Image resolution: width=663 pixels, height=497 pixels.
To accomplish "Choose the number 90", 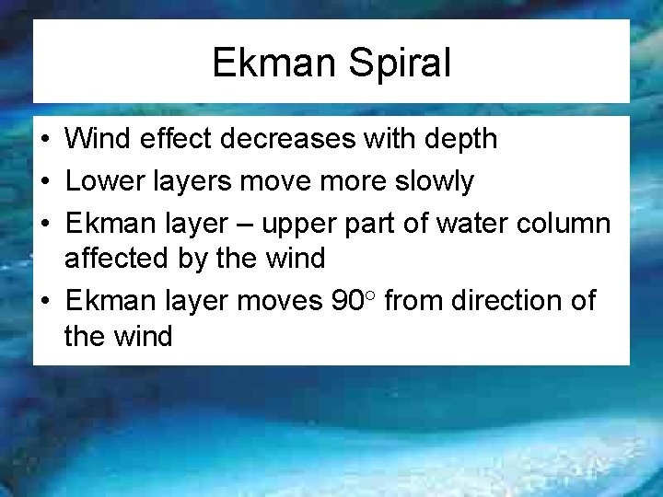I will click(x=345, y=301).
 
